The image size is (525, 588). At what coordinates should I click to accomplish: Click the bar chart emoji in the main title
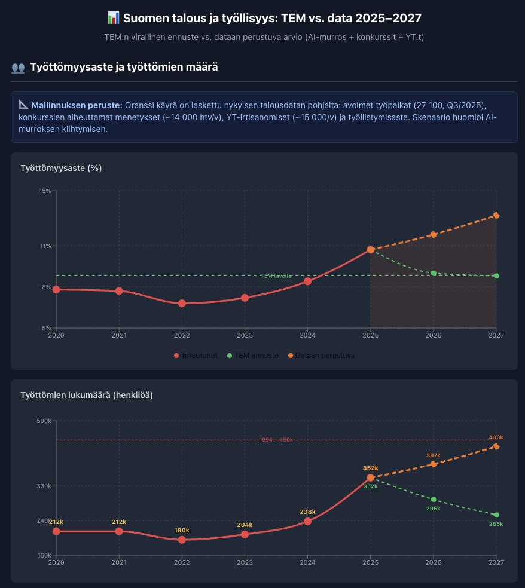(114, 18)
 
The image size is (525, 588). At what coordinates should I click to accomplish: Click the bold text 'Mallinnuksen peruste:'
(77, 105)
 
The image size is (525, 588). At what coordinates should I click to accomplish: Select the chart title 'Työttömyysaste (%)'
(61, 168)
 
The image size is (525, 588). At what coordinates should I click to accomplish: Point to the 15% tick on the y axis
(45, 191)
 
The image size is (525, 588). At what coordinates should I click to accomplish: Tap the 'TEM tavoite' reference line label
(276, 276)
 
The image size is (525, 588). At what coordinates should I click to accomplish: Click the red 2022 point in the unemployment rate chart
(182, 304)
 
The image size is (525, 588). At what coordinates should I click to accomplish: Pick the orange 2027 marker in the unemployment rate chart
(496, 215)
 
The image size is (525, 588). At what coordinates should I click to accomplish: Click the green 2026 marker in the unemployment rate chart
(434, 273)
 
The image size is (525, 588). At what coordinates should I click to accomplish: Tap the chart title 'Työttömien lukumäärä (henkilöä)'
(87, 395)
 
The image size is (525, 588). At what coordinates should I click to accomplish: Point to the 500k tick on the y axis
(44, 421)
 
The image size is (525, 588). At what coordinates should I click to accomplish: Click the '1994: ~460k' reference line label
(276, 440)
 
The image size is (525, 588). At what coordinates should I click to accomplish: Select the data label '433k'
(496, 437)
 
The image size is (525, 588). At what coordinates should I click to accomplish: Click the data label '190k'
(182, 531)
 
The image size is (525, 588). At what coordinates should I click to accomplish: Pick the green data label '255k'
(496, 524)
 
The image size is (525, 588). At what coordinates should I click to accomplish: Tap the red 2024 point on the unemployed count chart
(307, 521)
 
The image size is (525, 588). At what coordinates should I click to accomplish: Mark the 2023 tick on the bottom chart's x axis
(245, 562)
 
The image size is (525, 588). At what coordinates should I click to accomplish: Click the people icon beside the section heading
(18, 68)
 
